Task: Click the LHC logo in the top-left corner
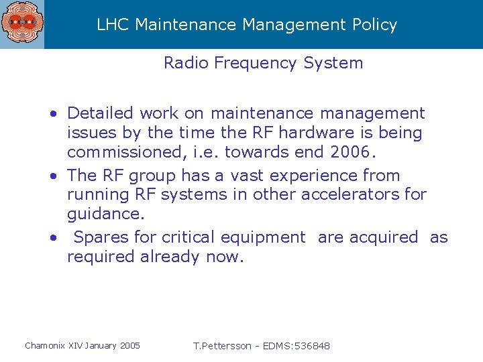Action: [x=21, y=24]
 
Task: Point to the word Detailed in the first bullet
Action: [x=100, y=113]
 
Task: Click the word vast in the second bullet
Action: [x=247, y=176]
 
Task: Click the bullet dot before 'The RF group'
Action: [x=53, y=176]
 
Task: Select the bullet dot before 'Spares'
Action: [x=53, y=238]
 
